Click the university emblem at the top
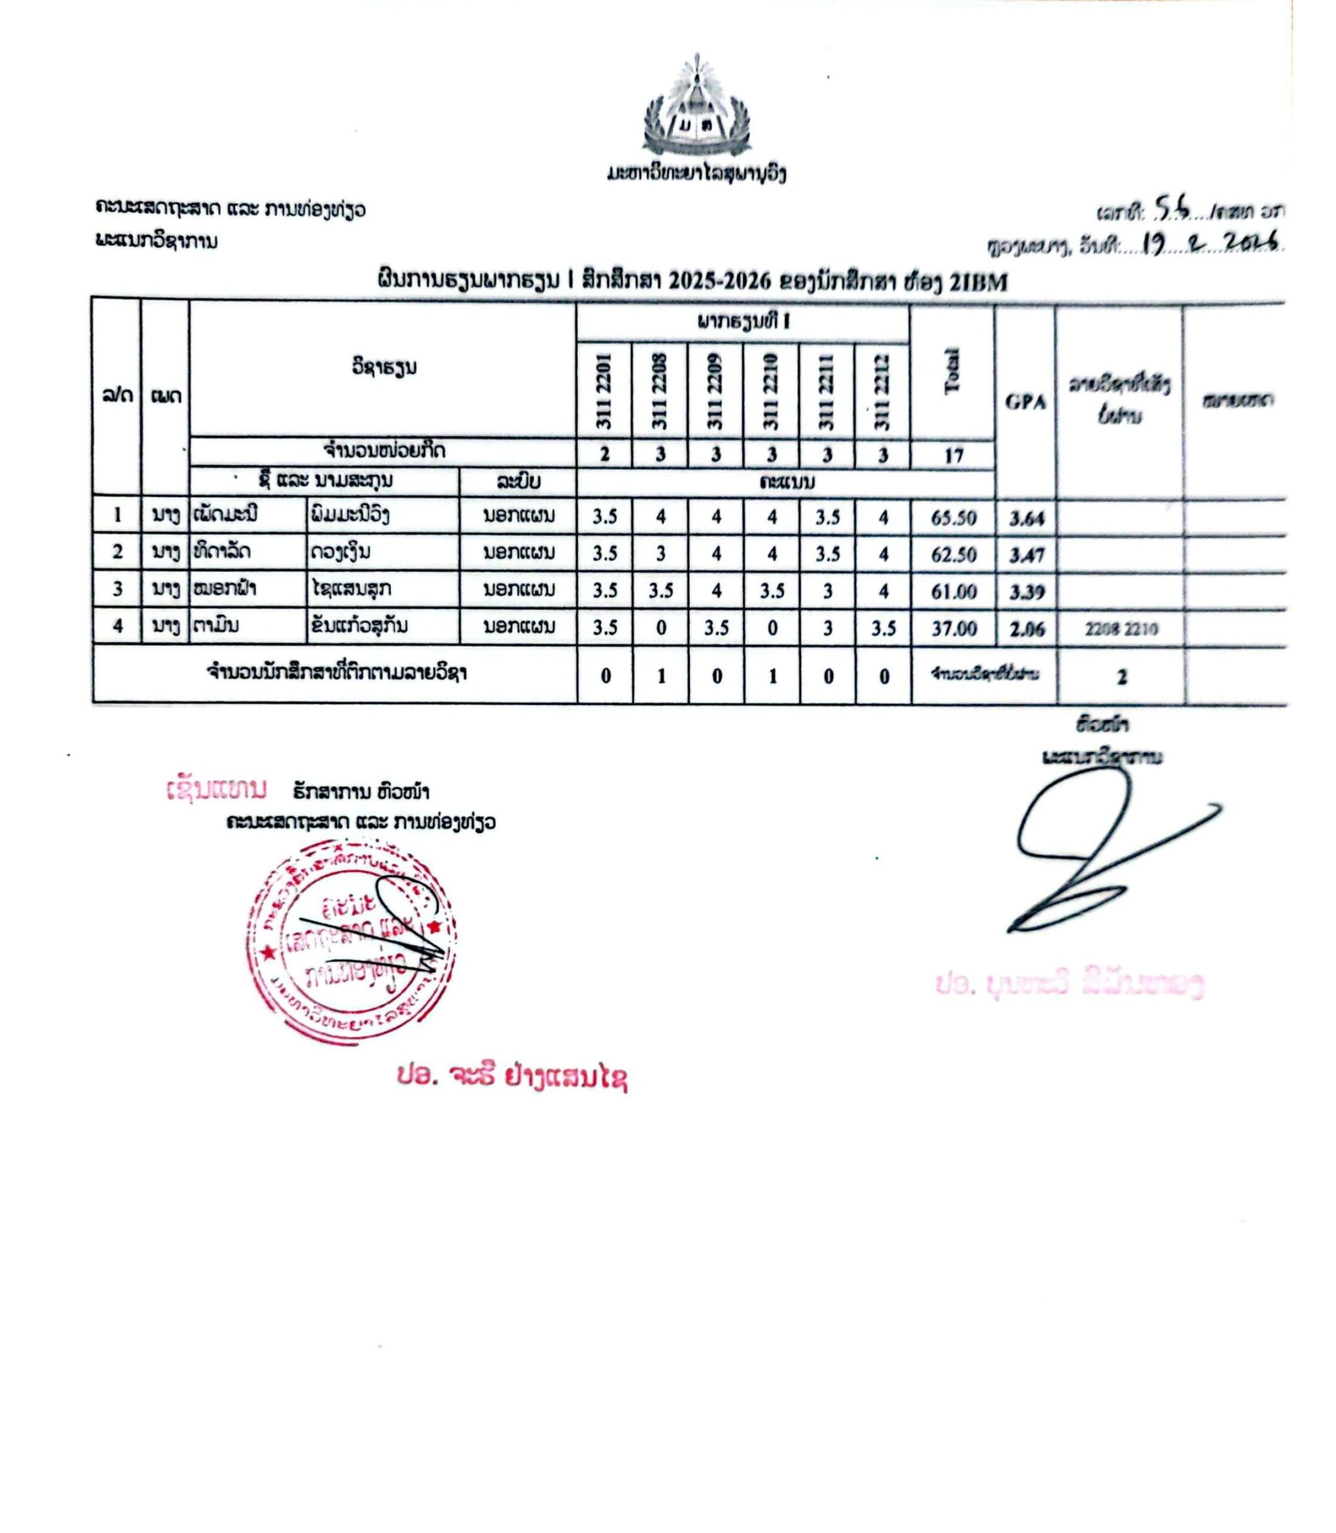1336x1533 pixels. (x=697, y=108)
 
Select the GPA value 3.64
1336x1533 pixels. (x=1027, y=518)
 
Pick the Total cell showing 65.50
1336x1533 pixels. (x=954, y=518)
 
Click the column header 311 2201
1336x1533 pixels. (x=604, y=391)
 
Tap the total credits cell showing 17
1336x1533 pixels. (x=954, y=455)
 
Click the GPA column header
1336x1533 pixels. (x=1026, y=402)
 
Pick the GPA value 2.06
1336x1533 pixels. (x=1027, y=630)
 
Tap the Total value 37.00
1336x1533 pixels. (x=954, y=630)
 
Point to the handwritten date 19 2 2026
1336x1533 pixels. (x=1208, y=244)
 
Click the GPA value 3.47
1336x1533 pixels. (x=1027, y=555)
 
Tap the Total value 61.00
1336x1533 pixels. (x=954, y=592)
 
